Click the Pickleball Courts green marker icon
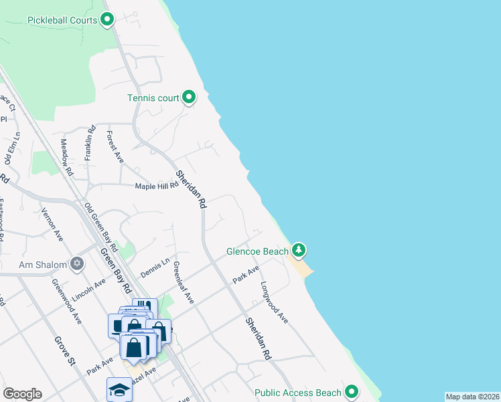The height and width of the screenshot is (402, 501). click(107, 20)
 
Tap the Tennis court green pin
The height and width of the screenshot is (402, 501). click(189, 98)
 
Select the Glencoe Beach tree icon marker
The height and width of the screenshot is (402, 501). click(299, 251)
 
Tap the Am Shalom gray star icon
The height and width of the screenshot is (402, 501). click(78, 264)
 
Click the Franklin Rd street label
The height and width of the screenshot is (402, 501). click(88, 145)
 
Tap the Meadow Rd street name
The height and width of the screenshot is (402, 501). click(66, 157)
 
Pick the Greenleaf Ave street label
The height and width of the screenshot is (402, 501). click(184, 282)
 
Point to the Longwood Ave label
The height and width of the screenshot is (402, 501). click(275, 303)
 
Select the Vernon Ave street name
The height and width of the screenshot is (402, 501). click(52, 224)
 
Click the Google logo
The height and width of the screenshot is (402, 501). click(22, 393)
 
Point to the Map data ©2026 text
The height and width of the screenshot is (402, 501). click(472, 397)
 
